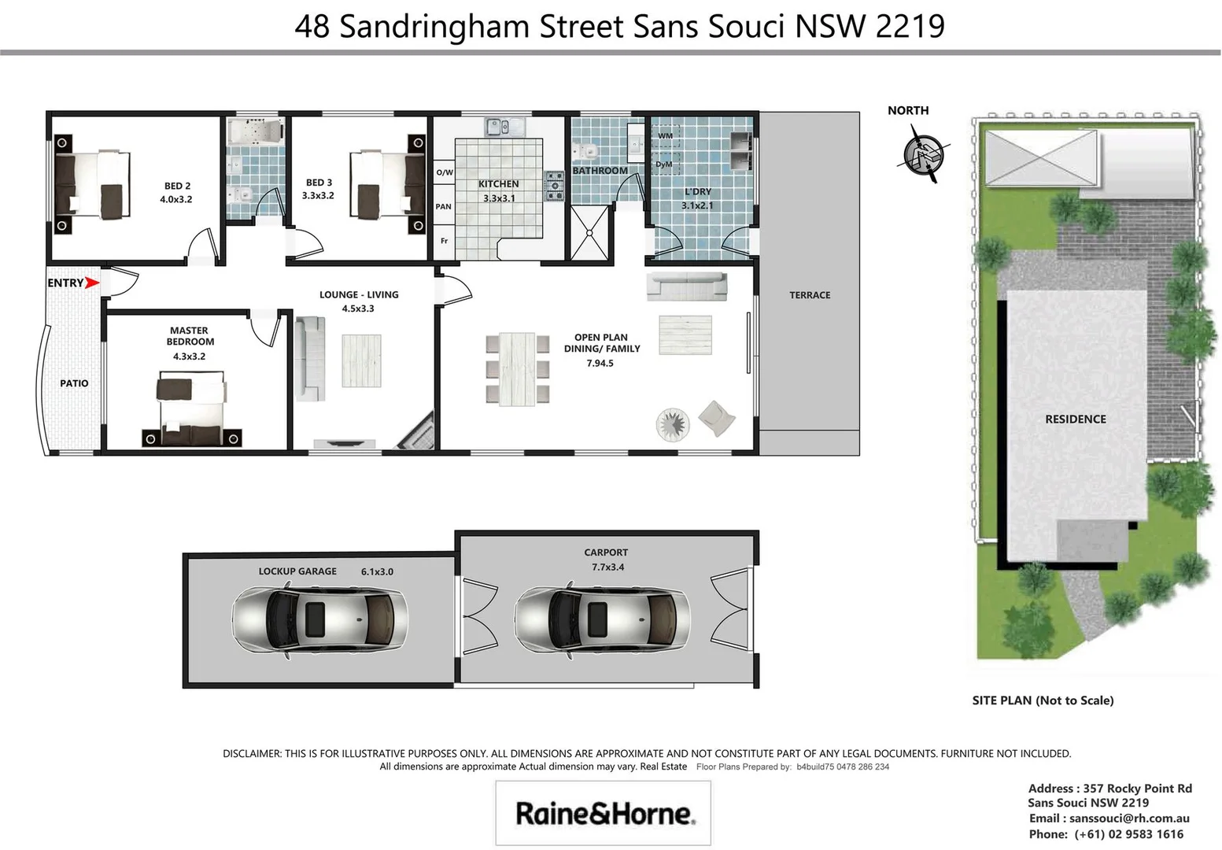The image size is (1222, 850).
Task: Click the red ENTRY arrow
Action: tap(92, 283)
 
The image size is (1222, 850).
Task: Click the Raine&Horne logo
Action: tap(604, 813)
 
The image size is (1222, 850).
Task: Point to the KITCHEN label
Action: tap(498, 184)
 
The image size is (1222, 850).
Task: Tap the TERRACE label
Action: tap(810, 295)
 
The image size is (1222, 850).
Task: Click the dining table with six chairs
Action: tap(517, 368)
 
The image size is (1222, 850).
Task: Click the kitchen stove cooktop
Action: tap(555, 186)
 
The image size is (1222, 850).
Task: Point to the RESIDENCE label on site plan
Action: tap(1075, 419)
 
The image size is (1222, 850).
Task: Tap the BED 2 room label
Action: tap(177, 187)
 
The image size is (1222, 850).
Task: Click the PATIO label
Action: tap(74, 383)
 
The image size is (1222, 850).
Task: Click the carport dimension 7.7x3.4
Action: tap(607, 567)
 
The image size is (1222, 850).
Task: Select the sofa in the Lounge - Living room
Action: tap(309, 359)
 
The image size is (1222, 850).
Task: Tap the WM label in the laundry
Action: tap(665, 136)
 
